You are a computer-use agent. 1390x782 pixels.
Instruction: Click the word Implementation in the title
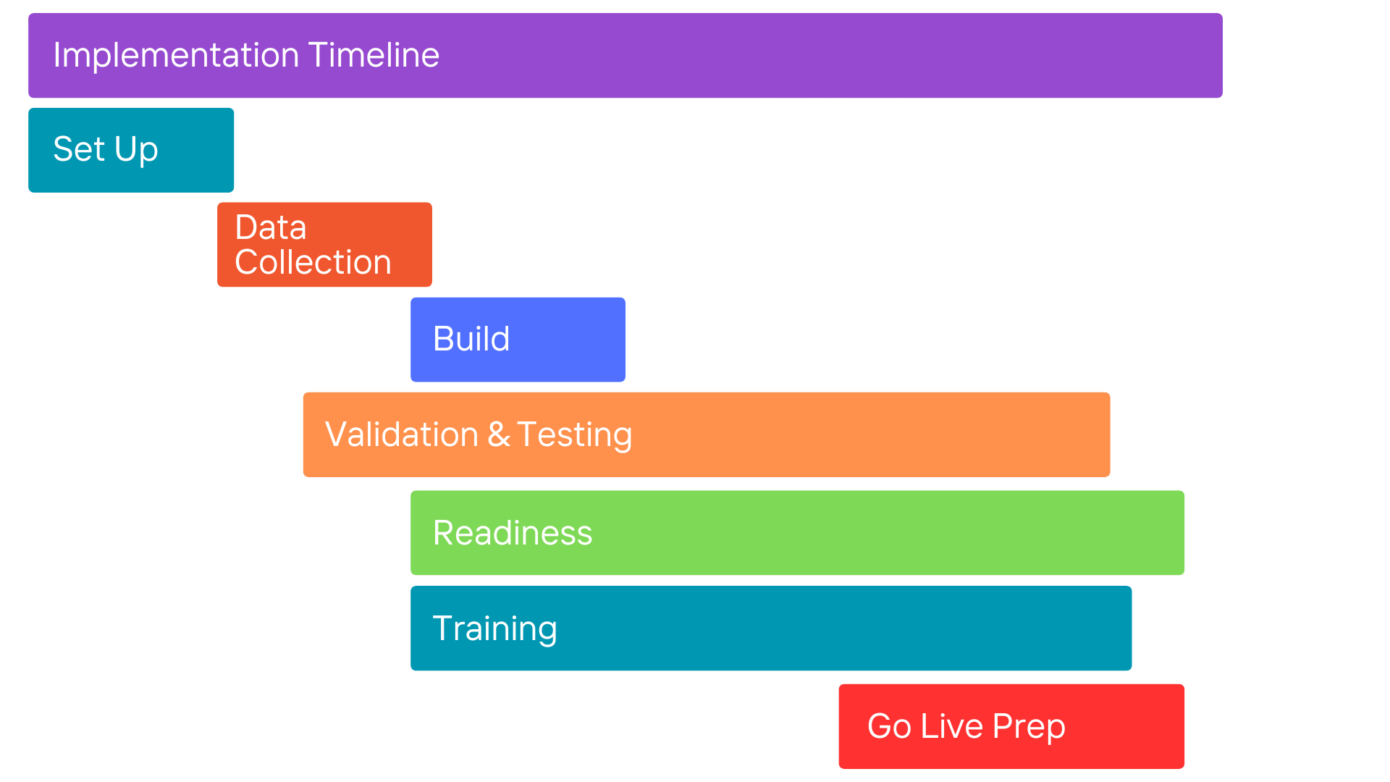pyautogui.click(x=176, y=56)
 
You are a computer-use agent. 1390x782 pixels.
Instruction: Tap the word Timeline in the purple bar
pyautogui.click(x=374, y=55)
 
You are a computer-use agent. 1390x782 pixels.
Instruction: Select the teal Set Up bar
pyautogui.click(x=131, y=150)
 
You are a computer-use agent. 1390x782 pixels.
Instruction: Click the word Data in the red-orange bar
pyautogui.click(x=271, y=227)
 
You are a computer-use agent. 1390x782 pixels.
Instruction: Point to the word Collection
pyautogui.click(x=313, y=262)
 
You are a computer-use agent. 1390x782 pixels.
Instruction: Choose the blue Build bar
pyautogui.click(x=518, y=340)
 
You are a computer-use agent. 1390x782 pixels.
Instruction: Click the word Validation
pyautogui.click(x=402, y=434)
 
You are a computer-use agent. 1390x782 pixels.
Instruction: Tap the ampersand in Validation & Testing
pyautogui.click(x=498, y=434)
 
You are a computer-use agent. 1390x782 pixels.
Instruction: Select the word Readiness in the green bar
pyautogui.click(x=513, y=533)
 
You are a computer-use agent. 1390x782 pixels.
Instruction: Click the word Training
pyautogui.click(x=494, y=629)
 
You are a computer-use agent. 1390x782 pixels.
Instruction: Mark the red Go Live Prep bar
pyautogui.click(x=1011, y=726)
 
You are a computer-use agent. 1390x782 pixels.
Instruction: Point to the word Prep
pyautogui.click(x=1029, y=727)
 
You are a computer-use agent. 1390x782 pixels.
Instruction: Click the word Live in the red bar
pyautogui.click(x=952, y=726)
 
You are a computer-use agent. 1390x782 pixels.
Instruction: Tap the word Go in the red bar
pyautogui.click(x=889, y=726)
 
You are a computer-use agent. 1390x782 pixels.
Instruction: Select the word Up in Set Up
pyautogui.click(x=136, y=151)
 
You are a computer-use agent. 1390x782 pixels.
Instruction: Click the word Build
pyautogui.click(x=471, y=339)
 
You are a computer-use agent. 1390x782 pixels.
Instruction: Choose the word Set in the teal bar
pyautogui.click(x=80, y=149)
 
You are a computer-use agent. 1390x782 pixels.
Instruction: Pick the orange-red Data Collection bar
pyautogui.click(x=324, y=245)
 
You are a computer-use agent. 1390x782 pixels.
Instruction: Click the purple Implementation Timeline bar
pyautogui.click(x=625, y=56)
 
